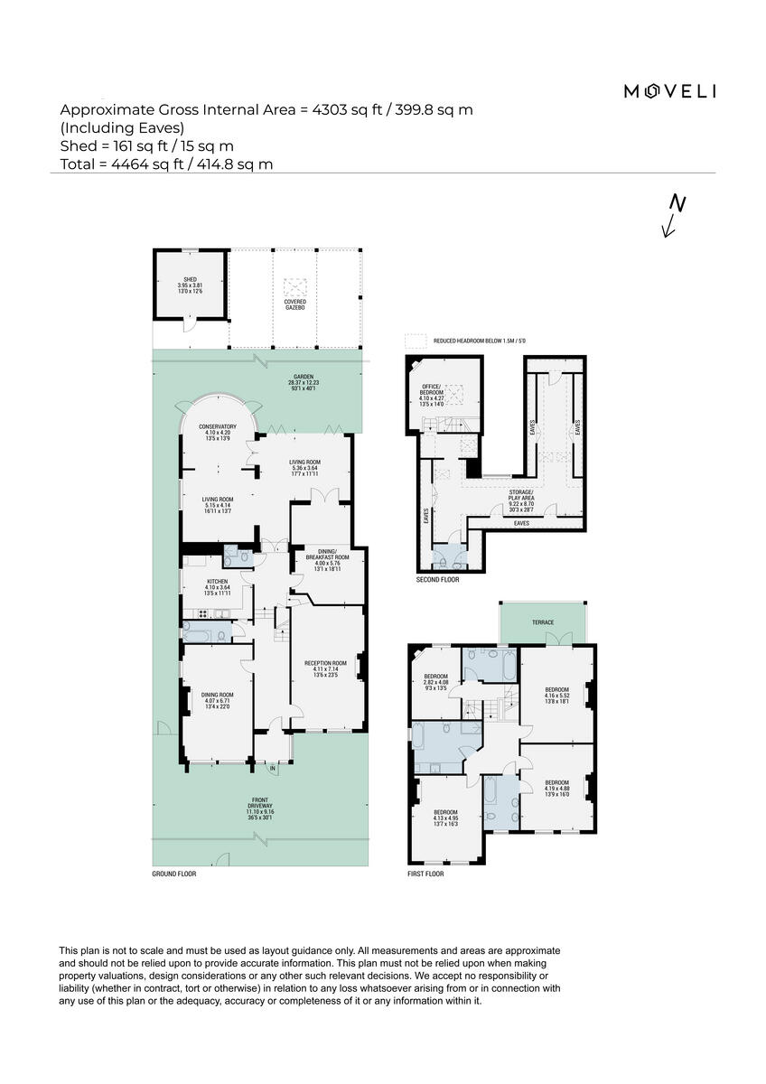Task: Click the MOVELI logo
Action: (670, 90)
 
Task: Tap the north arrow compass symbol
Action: (672, 215)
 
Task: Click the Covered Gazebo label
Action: (295, 304)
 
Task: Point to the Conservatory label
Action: (218, 432)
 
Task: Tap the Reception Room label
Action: (325, 668)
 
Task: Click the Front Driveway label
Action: (259, 807)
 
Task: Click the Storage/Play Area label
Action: (522, 498)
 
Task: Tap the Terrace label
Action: (543, 623)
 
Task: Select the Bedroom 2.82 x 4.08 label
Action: (436, 682)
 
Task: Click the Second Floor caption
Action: (437, 580)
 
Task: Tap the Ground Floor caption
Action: (174, 874)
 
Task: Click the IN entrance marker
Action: (272, 769)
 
